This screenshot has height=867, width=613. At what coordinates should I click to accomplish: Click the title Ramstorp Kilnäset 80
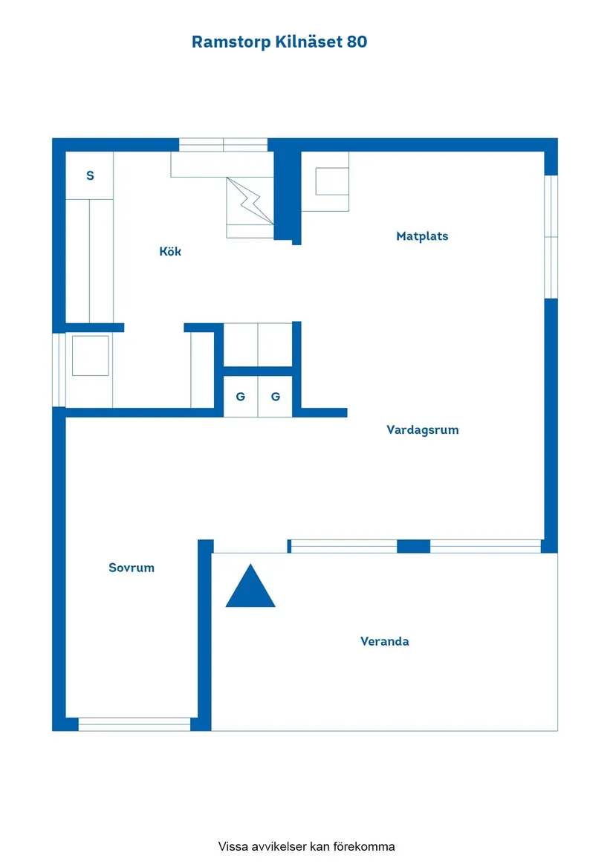point(279,42)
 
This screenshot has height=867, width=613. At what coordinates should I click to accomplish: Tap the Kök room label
point(170,252)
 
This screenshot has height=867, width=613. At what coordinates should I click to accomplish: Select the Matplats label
point(422,236)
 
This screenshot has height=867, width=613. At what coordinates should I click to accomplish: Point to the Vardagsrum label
point(423,430)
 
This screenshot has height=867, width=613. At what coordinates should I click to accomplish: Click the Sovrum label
point(132,568)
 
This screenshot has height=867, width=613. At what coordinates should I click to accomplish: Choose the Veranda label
point(384,641)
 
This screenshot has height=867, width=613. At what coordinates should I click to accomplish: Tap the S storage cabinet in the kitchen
point(90,175)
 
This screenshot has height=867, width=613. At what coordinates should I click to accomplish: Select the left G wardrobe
point(241,397)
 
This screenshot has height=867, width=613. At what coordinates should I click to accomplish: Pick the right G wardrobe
point(275,397)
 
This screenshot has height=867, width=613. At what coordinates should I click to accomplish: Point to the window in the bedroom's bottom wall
point(134,724)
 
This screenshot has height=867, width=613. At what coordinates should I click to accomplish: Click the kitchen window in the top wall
point(224,145)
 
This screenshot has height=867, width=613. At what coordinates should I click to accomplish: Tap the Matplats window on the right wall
point(551,237)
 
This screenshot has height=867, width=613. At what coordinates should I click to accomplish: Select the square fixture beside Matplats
point(332,181)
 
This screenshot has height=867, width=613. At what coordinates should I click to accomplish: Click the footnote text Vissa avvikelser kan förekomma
point(306,846)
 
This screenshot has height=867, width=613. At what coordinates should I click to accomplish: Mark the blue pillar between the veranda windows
point(414,546)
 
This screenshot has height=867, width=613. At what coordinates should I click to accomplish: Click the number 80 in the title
point(357,42)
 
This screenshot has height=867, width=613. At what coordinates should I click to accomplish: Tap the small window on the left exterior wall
point(59,370)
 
